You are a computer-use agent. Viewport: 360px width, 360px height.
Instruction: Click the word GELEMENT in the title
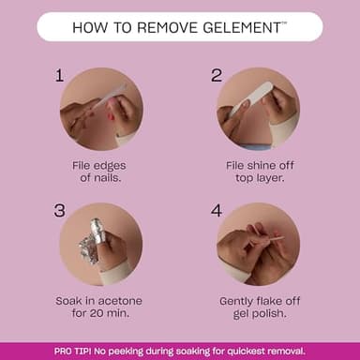[x=237, y=27]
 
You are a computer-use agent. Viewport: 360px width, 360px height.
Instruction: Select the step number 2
[x=216, y=76]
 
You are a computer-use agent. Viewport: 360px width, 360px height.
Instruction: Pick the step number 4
[x=216, y=211]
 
